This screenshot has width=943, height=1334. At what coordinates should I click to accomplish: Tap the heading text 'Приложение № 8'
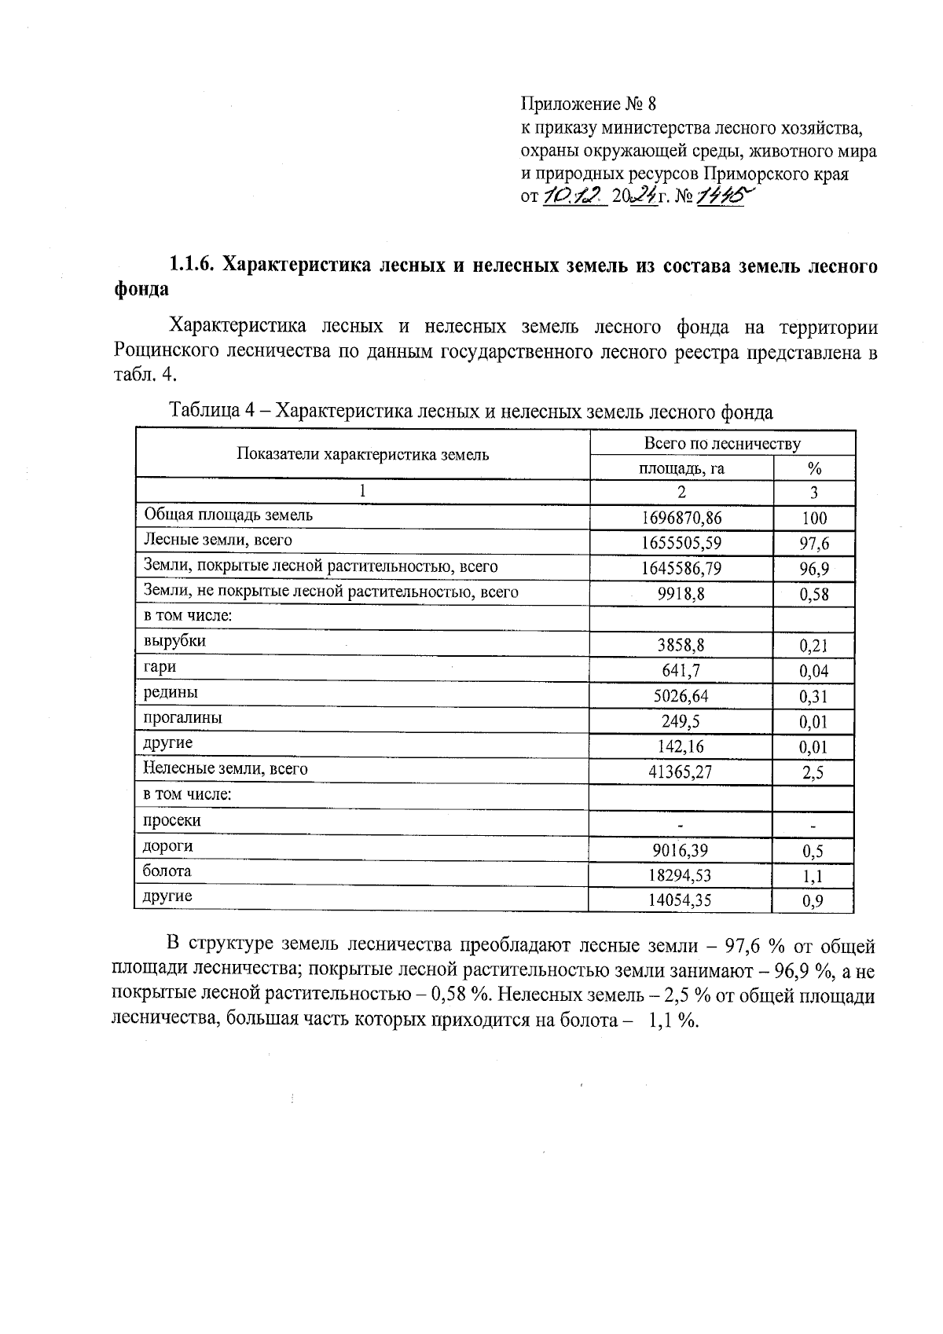click(x=588, y=104)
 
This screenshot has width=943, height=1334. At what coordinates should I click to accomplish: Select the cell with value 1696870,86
click(x=681, y=518)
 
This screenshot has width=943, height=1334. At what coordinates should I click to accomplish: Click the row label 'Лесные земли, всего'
click(x=218, y=541)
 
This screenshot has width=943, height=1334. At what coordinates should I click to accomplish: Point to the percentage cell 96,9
click(x=813, y=569)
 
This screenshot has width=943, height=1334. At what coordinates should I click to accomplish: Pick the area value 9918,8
click(x=681, y=594)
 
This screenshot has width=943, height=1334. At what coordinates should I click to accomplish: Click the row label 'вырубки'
click(x=174, y=641)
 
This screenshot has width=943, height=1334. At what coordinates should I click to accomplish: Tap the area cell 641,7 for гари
click(x=681, y=671)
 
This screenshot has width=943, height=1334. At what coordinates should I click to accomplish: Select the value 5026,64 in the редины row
click(x=681, y=696)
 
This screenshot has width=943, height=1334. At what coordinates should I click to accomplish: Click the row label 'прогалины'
click(x=182, y=718)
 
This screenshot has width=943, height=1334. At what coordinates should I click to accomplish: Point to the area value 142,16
click(x=681, y=747)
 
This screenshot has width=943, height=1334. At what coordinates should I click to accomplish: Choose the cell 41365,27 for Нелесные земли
click(x=681, y=772)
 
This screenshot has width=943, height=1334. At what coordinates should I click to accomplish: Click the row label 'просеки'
click(x=171, y=821)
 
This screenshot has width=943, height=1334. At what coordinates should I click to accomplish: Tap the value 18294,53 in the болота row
click(x=681, y=875)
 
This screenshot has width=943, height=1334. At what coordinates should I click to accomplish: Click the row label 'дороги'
click(x=167, y=847)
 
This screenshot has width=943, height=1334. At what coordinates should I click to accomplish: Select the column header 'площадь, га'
click(x=681, y=469)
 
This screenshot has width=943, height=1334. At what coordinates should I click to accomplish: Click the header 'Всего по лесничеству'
click(x=721, y=444)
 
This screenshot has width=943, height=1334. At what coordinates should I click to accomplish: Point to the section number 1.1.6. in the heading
click(x=193, y=266)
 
